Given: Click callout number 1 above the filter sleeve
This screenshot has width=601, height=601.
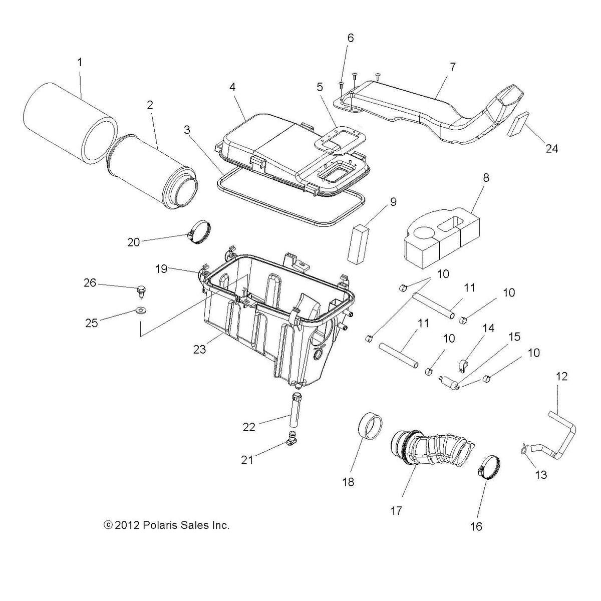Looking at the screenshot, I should [80, 63].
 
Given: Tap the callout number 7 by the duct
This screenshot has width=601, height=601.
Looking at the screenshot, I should [452, 67].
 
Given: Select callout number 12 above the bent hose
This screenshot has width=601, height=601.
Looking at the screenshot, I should [562, 376].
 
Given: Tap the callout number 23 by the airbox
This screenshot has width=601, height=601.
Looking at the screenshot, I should [200, 350].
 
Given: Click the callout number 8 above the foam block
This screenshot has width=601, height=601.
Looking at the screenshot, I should [486, 177].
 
